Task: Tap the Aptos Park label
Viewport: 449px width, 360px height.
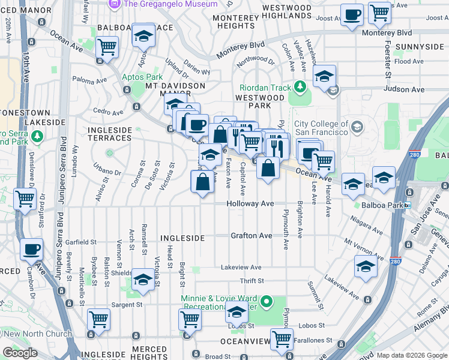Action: point(142,77)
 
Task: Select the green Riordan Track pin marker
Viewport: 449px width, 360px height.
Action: point(300,88)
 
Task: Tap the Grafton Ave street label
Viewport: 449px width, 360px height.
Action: point(252,236)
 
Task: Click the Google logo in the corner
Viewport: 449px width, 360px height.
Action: point(20,353)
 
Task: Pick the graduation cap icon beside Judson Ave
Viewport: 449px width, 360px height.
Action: point(324,76)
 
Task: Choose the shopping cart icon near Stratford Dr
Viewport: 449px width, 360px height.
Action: point(25,199)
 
